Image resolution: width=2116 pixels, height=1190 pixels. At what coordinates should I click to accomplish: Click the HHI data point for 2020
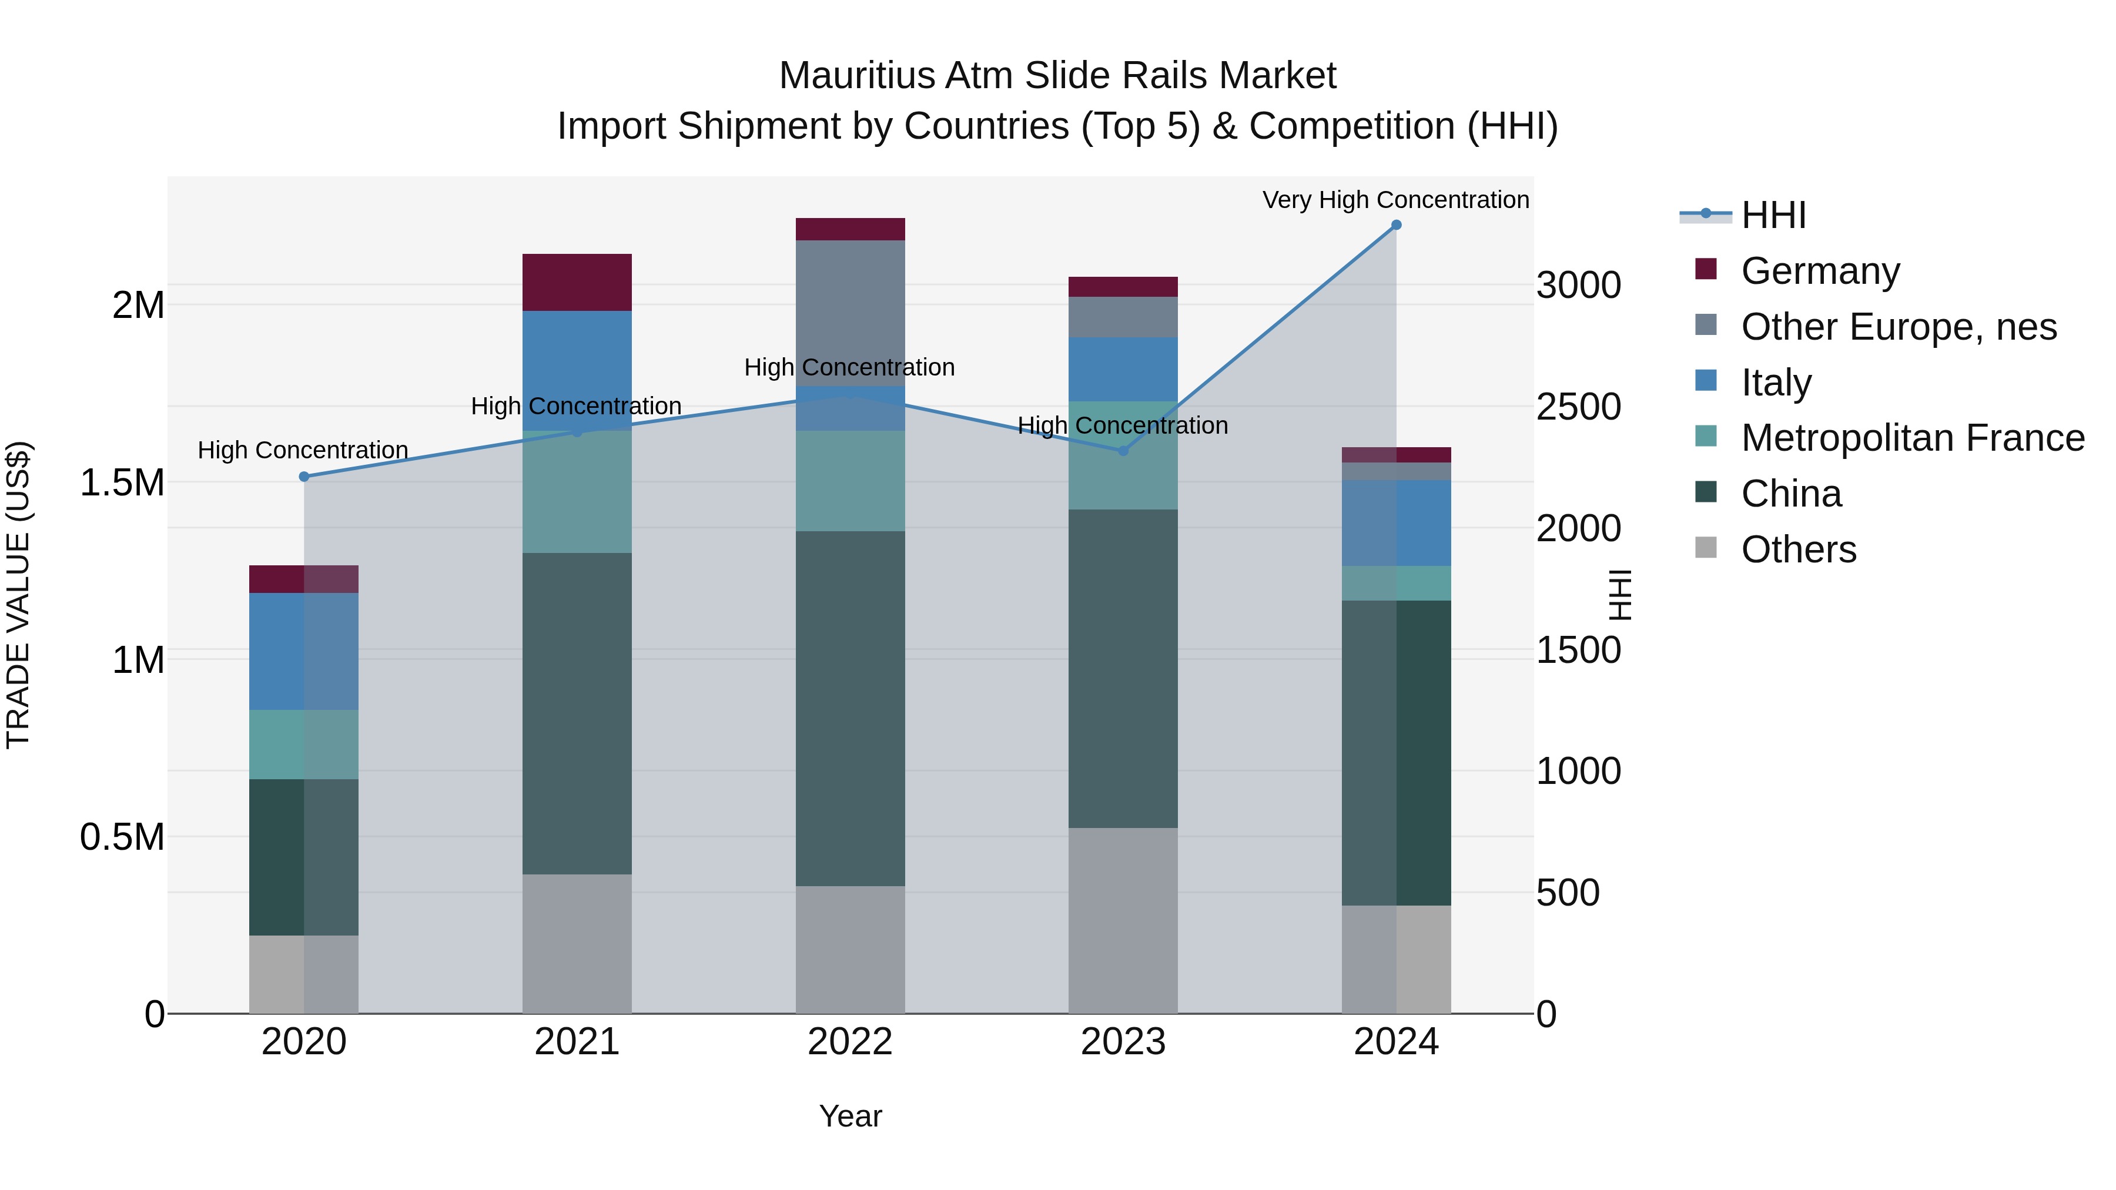[x=304, y=477]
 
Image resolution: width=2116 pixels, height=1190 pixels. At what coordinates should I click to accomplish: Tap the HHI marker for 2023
[x=1123, y=451]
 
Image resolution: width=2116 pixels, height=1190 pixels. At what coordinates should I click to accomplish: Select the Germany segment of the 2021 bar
[x=577, y=283]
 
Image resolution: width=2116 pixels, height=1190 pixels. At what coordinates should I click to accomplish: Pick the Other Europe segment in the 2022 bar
[x=850, y=313]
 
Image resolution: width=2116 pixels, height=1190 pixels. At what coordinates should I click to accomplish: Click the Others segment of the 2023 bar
[x=1123, y=920]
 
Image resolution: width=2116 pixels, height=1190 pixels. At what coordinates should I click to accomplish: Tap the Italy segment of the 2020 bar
[x=304, y=651]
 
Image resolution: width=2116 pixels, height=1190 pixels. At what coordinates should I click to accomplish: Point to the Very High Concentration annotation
[x=1395, y=200]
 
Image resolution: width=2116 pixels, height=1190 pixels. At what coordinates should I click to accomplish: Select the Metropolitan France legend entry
[x=1912, y=438]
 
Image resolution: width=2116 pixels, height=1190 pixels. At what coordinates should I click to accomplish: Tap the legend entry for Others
[x=1798, y=549]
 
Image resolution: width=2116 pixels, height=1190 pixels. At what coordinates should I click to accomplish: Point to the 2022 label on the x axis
[x=850, y=1042]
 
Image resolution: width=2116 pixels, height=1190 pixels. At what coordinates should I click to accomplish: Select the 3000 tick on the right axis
[x=1578, y=286]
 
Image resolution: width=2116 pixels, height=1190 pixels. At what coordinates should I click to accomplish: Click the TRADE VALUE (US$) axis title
[x=18, y=595]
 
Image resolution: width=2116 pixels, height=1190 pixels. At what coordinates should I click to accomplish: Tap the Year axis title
[x=850, y=1116]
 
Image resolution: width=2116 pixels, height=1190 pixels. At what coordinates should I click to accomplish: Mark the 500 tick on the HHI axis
[x=1567, y=893]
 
